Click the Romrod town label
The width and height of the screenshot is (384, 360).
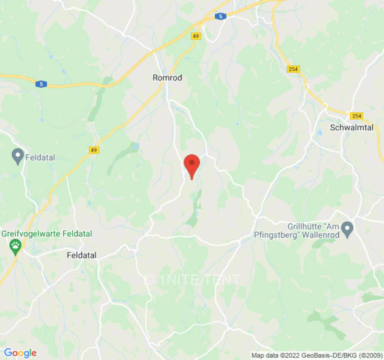pos(167,78)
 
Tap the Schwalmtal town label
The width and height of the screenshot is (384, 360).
pos(352,127)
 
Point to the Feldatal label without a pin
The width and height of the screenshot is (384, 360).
pos(81,255)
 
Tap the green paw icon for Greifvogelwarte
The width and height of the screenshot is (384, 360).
pos(16,246)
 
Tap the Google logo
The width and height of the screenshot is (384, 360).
pos(20,353)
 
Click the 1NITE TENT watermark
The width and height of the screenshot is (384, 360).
pos(192,279)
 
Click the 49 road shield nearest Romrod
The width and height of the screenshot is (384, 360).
pos(195,36)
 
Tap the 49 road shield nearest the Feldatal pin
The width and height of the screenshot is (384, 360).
pos(93,150)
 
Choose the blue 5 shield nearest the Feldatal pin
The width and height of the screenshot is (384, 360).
pos(41,84)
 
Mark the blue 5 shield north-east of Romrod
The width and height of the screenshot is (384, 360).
pos(219,17)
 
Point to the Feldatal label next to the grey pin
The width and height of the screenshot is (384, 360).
pos(40,158)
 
